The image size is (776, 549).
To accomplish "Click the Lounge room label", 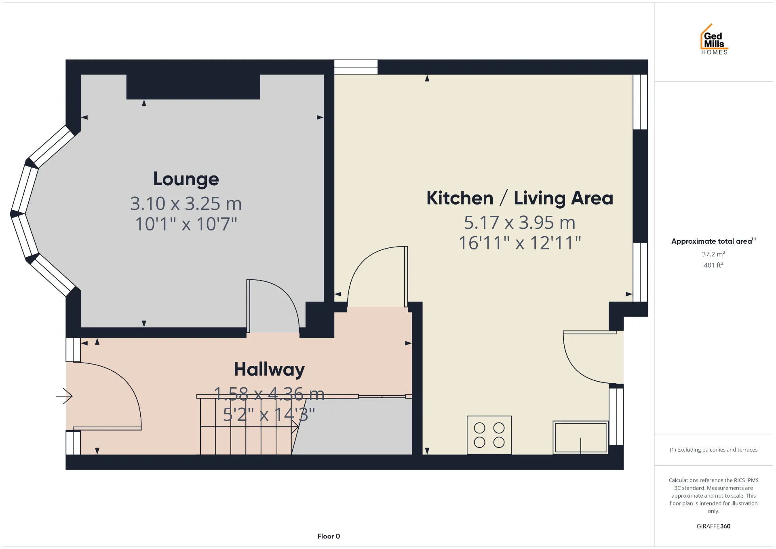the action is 186,179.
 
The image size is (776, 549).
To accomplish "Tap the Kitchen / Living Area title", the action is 520,198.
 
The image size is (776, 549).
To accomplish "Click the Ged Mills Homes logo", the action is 714,39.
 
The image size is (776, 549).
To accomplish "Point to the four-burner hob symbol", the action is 489,435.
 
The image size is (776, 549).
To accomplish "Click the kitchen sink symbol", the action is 580,437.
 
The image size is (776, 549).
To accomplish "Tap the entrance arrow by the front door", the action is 64,396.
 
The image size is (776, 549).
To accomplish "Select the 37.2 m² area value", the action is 713,254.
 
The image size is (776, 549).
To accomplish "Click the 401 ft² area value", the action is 713,265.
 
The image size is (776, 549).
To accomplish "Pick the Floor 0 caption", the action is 329,536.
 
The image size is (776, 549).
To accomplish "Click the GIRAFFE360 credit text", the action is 713,526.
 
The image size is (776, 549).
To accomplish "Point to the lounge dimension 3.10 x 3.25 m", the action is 186,203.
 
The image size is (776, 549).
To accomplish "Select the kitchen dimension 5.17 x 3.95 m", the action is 520,222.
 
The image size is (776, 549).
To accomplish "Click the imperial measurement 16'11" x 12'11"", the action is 520,243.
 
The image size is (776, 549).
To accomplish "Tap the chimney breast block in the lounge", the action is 193,87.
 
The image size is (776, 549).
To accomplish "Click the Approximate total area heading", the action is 713,241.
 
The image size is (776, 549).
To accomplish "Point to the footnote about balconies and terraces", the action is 713,450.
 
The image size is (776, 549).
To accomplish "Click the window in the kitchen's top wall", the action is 356,67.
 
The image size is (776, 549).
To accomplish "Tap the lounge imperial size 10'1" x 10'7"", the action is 186,224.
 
